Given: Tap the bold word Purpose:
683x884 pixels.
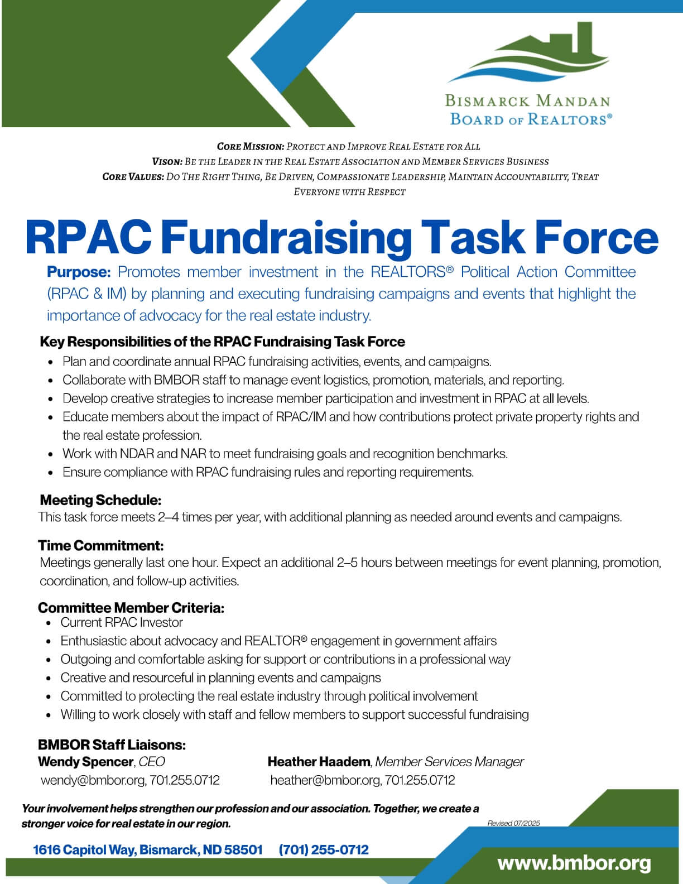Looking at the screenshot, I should pyautogui.click(x=79, y=272).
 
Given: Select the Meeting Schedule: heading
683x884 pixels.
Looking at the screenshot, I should pyautogui.click(x=100, y=500).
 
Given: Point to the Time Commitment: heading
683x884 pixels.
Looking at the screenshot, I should pyautogui.click(x=101, y=545).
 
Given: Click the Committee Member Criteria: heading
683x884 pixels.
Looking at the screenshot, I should pyautogui.click(x=131, y=608).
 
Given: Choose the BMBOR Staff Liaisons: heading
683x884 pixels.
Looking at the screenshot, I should pyautogui.click(x=112, y=745).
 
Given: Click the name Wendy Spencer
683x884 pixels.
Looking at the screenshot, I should pyautogui.click(x=85, y=762).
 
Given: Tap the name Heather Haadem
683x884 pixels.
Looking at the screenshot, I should pyautogui.click(x=319, y=762).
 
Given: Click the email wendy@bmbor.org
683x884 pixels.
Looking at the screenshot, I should pyautogui.click(x=93, y=780).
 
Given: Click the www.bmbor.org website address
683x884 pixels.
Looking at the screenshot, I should pyautogui.click(x=574, y=863).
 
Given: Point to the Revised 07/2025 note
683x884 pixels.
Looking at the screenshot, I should pyautogui.click(x=513, y=823).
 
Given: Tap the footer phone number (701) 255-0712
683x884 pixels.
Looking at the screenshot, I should pyautogui.click(x=324, y=850).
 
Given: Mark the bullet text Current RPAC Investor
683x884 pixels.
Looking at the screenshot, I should pyautogui.click(x=122, y=623).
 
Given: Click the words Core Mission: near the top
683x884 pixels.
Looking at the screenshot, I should pyautogui.click(x=251, y=147).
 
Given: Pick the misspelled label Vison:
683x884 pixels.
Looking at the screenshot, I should pyautogui.click(x=167, y=162).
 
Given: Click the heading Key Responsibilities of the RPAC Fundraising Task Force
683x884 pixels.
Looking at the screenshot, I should pyautogui.click(x=222, y=342).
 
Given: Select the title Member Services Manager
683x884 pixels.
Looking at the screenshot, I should pyautogui.click(x=450, y=762).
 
